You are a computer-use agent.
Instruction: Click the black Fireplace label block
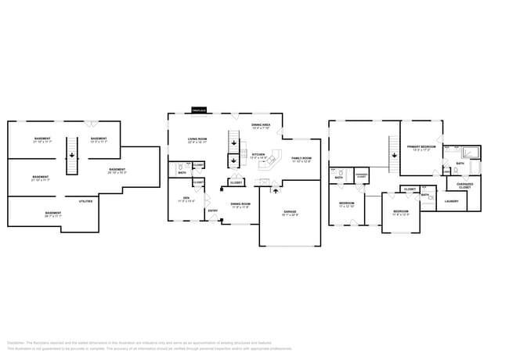click(199, 110)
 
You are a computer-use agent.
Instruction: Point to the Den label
click(186, 198)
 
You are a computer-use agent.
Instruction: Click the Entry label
click(212, 210)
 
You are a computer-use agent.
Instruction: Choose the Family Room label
click(301, 159)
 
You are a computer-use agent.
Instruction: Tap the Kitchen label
click(258, 155)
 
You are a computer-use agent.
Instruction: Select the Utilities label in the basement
click(85, 201)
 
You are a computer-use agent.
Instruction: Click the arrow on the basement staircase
click(71, 155)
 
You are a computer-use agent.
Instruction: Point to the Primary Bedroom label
click(422, 147)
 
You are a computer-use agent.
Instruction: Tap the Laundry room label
click(451, 201)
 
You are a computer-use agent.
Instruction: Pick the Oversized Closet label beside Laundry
click(465, 185)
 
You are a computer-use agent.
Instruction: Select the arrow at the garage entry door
click(275, 189)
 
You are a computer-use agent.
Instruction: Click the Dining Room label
click(240, 205)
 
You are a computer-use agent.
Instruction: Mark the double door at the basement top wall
click(91, 122)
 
